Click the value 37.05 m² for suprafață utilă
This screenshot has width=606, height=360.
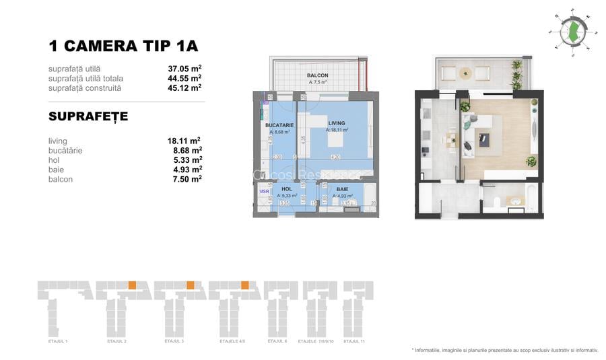pos(184,68)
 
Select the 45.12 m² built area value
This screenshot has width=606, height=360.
pos(184,87)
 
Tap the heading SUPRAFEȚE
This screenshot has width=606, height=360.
pos(88,117)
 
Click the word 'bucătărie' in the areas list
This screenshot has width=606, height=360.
pos(65,151)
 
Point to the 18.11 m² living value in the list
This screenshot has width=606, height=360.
pos(184,141)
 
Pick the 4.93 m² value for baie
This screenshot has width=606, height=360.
pos(184,170)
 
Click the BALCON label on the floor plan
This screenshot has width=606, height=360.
pos(317,75)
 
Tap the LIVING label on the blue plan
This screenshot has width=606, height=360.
pos(337,123)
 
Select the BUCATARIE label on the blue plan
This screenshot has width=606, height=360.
pos(279,125)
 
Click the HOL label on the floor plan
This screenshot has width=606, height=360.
pos(287,189)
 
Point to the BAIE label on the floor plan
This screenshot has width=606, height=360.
pos(343,189)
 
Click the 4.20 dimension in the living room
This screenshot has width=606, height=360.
pos(335,157)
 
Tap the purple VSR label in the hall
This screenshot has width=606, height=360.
pos(264,191)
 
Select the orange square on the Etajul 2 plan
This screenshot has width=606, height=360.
pos(133,284)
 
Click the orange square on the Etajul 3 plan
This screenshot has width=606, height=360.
pos(191,284)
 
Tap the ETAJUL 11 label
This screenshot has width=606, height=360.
pos(355,342)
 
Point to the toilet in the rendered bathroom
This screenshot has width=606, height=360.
pos(495,202)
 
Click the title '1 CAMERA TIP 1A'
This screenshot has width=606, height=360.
pos(123,46)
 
